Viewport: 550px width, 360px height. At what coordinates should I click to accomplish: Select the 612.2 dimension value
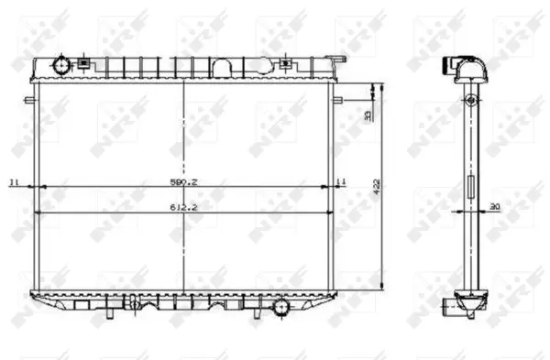pyautogui.click(x=184, y=208)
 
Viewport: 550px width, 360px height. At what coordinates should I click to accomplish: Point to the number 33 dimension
pyautogui.click(x=368, y=115)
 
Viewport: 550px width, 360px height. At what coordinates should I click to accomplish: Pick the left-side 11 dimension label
pyautogui.click(x=14, y=183)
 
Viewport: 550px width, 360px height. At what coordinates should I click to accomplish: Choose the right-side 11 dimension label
pyautogui.click(x=341, y=183)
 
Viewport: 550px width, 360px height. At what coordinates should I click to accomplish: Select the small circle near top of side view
pyautogui.click(x=471, y=99)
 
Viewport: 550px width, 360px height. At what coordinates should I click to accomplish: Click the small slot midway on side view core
pyautogui.click(x=471, y=187)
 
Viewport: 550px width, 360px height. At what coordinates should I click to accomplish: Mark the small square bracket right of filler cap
pyautogui.click(x=84, y=63)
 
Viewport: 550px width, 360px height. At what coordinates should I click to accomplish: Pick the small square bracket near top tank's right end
pyautogui.click(x=288, y=63)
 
